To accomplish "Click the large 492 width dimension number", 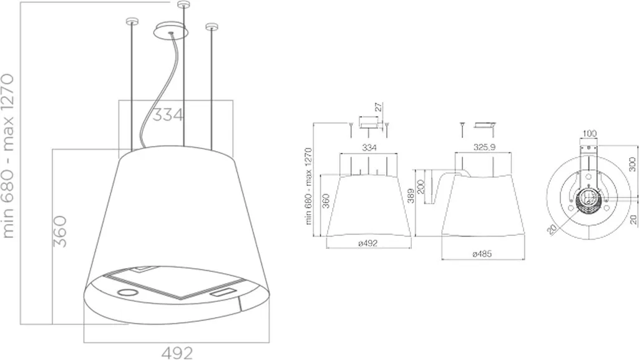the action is point(177,353).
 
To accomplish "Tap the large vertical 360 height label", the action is point(61,231).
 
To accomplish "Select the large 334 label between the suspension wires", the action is point(168,115).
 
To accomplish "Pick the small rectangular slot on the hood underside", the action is point(223,292).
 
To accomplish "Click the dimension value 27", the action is point(379,107).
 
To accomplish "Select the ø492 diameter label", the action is point(368,243).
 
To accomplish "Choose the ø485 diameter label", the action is point(482,254).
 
